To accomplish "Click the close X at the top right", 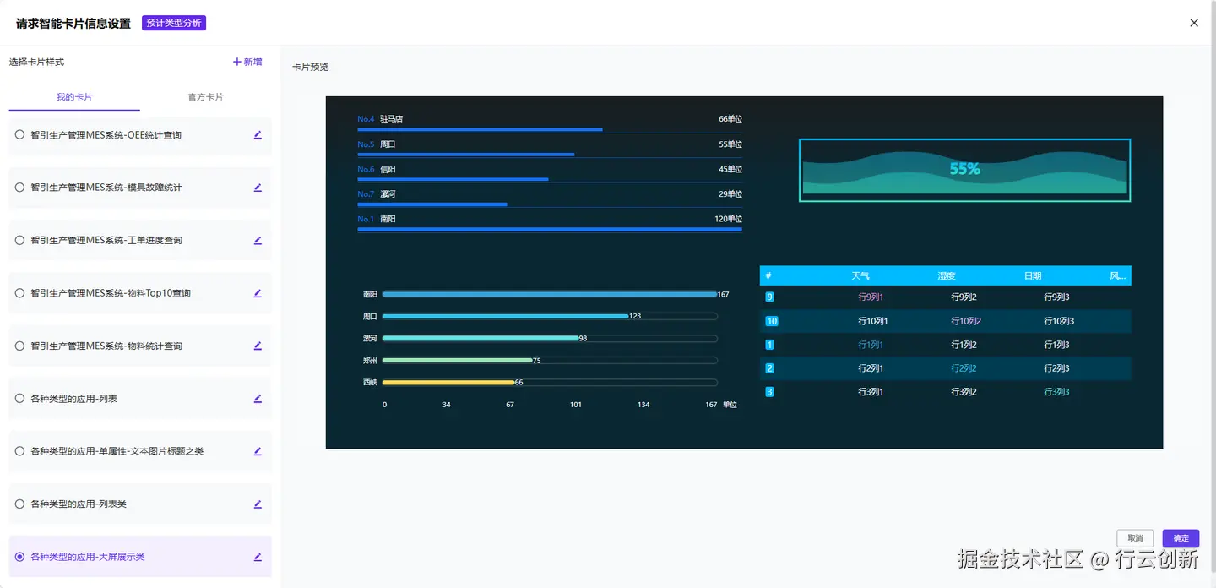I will click(x=1193, y=23).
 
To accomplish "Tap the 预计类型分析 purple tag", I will click(x=174, y=23).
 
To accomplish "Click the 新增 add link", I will click(x=247, y=62).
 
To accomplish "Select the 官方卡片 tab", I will click(x=205, y=97).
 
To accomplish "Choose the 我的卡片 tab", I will click(x=74, y=97).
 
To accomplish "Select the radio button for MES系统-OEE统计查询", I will click(x=19, y=134).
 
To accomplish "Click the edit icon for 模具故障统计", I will click(x=258, y=188).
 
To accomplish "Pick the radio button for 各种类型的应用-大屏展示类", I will click(x=19, y=557).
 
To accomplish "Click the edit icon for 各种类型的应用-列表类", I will click(x=258, y=504).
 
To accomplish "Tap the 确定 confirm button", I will click(x=1181, y=538).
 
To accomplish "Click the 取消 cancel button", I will click(x=1135, y=538).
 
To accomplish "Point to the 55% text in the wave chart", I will click(x=964, y=169).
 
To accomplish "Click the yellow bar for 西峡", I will click(x=448, y=383).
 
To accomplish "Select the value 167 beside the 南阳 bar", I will click(x=723, y=295).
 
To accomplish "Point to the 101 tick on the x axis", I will click(x=575, y=405).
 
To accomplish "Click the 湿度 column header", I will click(x=946, y=276).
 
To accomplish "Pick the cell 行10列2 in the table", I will click(x=965, y=321).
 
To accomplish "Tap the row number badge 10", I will click(x=771, y=321).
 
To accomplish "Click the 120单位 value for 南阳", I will click(x=728, y=219).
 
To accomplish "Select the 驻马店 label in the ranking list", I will click(x=391, y=119).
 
